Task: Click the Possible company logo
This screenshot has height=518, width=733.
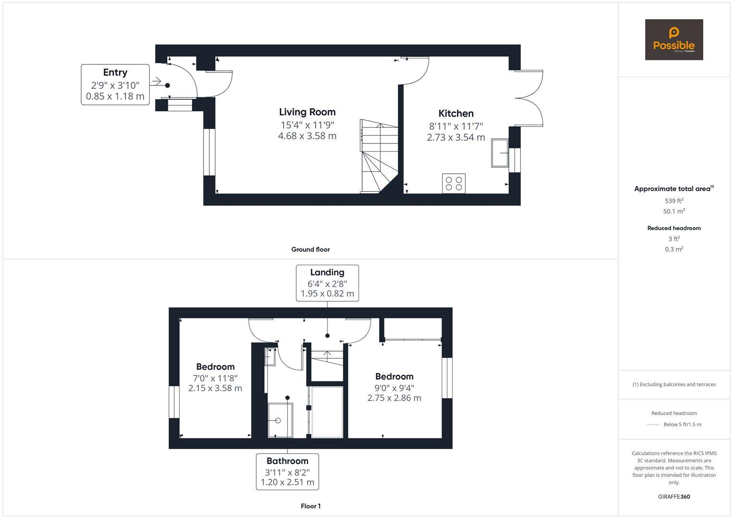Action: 673,40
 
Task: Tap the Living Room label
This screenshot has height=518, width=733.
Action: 307,112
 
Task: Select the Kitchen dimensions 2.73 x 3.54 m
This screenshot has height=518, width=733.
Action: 456,138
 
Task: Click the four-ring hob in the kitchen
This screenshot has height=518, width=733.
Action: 454,184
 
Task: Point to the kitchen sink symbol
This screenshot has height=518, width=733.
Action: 499,153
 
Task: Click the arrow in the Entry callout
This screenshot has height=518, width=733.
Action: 156,82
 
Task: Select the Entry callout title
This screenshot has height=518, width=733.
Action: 115,72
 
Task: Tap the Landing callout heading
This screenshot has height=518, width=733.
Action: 327,272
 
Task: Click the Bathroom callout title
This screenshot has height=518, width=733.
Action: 287,461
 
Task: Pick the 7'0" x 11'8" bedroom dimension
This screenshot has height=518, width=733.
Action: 215,378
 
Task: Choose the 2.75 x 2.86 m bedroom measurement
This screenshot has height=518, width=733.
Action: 394,398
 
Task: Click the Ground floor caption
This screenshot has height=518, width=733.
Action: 310,249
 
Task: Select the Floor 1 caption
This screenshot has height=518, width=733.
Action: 311,506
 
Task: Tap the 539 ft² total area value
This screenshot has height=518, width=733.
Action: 673,201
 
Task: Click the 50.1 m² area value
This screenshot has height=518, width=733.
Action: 673,212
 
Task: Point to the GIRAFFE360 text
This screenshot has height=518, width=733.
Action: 673,497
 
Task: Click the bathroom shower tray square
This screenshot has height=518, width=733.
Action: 280,420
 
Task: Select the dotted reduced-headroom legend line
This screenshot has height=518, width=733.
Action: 653,424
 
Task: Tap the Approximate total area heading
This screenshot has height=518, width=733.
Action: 673,189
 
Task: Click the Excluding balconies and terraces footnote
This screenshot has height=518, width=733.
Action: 673,384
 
